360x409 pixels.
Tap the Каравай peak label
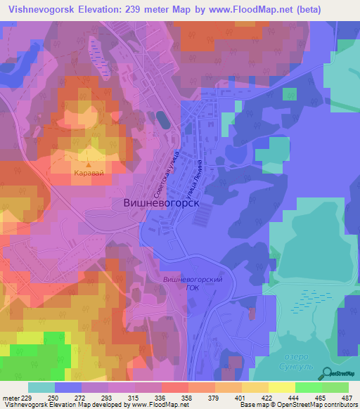pyautogui.click(x=89, y=171)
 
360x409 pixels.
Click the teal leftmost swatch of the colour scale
pyautogui.click(x=41, y=387)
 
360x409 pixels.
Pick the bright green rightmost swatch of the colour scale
pyautogui.click(x=335, y=387)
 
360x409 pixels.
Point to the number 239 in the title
pyautogui.click(x=150, y=8)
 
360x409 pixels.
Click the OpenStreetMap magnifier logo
pyautogui.click(x=326, y=372)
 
